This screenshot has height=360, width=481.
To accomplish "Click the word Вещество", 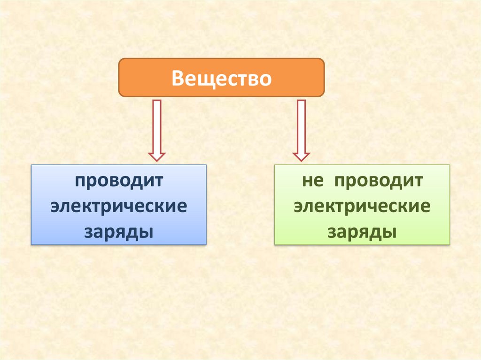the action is [221, 78].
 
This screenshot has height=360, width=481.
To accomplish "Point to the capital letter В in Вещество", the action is [178, 78].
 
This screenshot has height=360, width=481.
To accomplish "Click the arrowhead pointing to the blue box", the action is [156, 156].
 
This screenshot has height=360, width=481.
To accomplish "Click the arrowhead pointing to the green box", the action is [301, 156].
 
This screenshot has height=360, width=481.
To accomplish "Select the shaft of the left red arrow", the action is [156, 124].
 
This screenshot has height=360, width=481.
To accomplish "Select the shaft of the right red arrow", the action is [301, 124].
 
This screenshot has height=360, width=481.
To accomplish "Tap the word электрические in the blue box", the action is [119, 207].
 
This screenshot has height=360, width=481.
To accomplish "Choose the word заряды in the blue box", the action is [119, 232].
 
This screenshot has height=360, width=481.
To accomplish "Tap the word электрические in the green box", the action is [362, 207].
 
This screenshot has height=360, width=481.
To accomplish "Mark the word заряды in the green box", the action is [362, 232].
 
